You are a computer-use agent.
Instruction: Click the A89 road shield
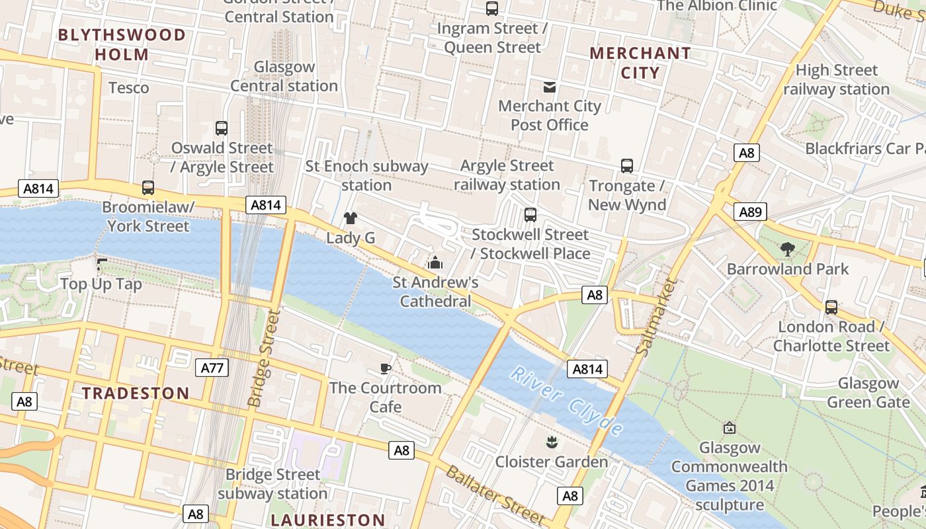[x=750, y=212]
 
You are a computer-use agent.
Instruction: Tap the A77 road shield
[x=212, y=368]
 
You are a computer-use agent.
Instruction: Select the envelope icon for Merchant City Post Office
[x=549, y=87]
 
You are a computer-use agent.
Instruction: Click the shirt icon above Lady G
[x=350, y=218]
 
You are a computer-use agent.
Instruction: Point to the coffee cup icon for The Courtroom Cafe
[x=386, y=368]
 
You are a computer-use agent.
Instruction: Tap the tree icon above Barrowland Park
[x=787, y=249]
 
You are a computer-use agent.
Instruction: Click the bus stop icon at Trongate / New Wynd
[x=626, y=166]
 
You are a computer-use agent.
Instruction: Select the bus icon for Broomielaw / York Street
[x=148, y=188]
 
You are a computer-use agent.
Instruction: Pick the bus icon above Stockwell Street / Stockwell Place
[x=530, y=215]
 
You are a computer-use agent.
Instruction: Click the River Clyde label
[x=566, y=401]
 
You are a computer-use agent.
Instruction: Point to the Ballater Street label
[x=495, y=495]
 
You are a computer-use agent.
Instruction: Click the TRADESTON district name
[x=136, y=393]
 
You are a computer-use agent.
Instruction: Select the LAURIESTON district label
[x=327, y=520]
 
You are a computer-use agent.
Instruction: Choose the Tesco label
[x=128, y=88]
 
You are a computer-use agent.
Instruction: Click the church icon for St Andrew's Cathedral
[x=435, y=263]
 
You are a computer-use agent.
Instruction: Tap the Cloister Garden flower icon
[x=551, y=441]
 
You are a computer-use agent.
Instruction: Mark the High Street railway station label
[x=836, y=79]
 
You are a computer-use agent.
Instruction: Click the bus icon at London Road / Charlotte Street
[x=831, y=307]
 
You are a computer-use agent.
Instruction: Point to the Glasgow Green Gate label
[x=868, y=393]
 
